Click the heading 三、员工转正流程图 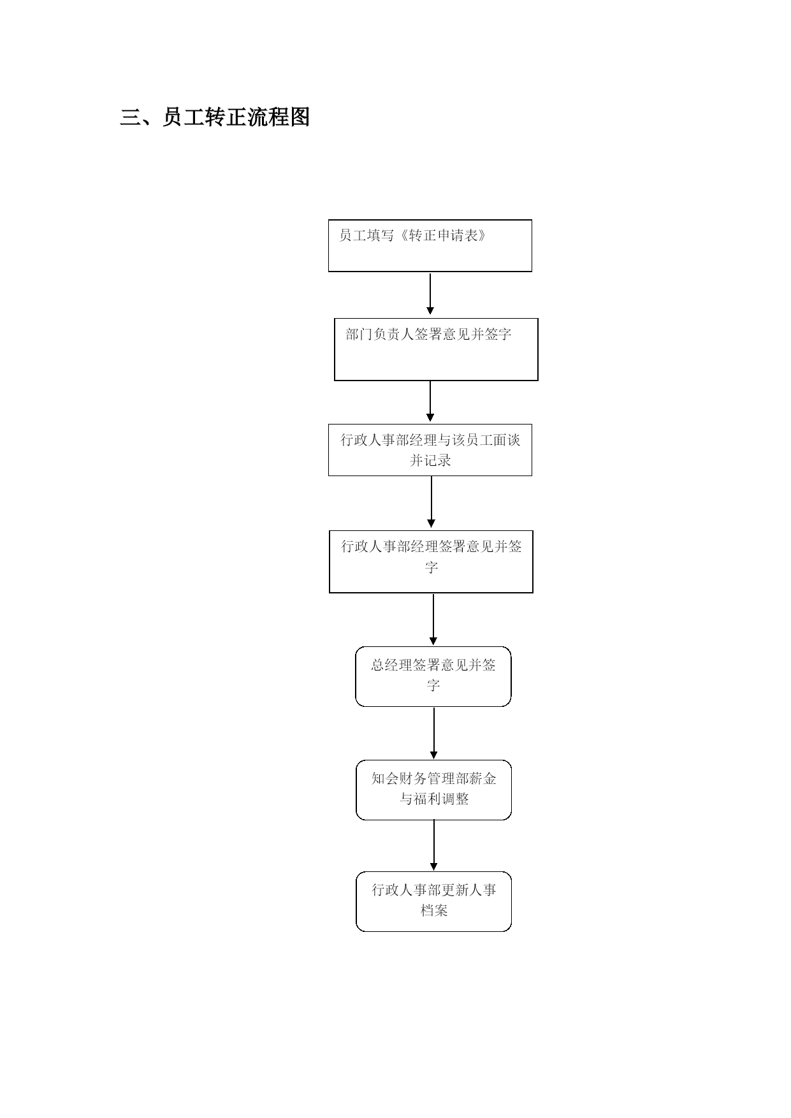pyautogui.click(x=215, y=117)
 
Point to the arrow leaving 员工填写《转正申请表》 pyautogui.click(x=430, y=294)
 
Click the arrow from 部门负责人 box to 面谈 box pyautogui.click(x=430, y=401)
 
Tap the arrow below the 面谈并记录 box pyautogui.click(x=432, y=502)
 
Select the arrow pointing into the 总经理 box pyautogui.click(x=433, y=619)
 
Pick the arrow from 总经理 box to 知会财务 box pyautogui.click(x=434, y=733)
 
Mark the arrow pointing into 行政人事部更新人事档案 pyautogui.click(x=434, y=845)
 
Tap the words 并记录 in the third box pyautogui.click(x=430, y=460)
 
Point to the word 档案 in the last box pyautogui.click(x=434, y=910)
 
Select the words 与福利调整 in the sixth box pyautogui.click(x=434, y=799)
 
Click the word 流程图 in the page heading pyautogui.click(x=279, y=117)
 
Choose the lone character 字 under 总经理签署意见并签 pyautogui.click(x=433, y=685)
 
